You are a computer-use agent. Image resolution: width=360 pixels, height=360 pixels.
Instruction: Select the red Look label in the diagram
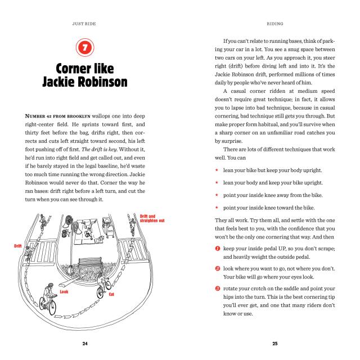point(64,291)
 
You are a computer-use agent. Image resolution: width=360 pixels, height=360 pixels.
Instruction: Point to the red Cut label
point(111,294)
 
